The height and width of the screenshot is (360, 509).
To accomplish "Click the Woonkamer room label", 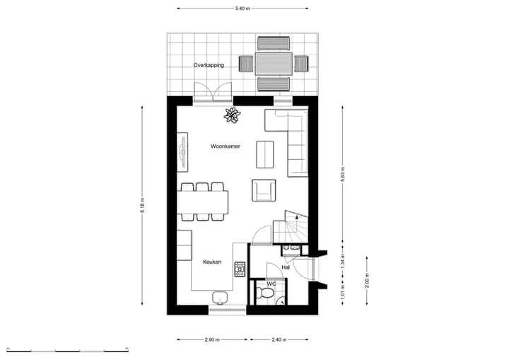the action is [226, 146].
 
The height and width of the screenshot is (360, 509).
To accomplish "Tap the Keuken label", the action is [212, 262].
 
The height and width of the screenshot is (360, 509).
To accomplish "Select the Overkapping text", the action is [209, 65].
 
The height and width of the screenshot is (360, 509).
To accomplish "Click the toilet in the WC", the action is [266, 293].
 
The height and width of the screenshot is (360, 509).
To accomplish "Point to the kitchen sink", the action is [220, 298].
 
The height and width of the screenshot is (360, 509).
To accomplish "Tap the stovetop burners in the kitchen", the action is [240, 269].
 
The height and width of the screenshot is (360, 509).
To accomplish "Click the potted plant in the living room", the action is [232, 115].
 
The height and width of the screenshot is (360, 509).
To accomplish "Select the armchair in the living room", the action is [264, 190].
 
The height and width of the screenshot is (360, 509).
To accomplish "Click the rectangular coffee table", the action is [265, 154].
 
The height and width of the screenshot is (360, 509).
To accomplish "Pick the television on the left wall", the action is [183, 152].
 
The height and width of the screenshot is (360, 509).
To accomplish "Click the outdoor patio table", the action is [274, 64].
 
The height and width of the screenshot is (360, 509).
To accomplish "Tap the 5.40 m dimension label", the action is [242, 8].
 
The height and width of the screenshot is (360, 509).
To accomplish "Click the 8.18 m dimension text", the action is [142, 205].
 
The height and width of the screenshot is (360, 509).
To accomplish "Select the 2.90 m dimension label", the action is [212, 340].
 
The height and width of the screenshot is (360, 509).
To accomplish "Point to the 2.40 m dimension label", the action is [279, 340].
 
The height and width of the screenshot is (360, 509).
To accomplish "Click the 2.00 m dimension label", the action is [367, 280].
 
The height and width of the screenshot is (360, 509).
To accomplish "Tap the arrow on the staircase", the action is [296, 216].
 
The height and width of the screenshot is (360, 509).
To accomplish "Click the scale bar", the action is [68, 350].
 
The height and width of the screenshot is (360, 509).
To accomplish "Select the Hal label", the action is [286, 268].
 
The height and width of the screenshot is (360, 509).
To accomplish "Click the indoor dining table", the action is [203, 202].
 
